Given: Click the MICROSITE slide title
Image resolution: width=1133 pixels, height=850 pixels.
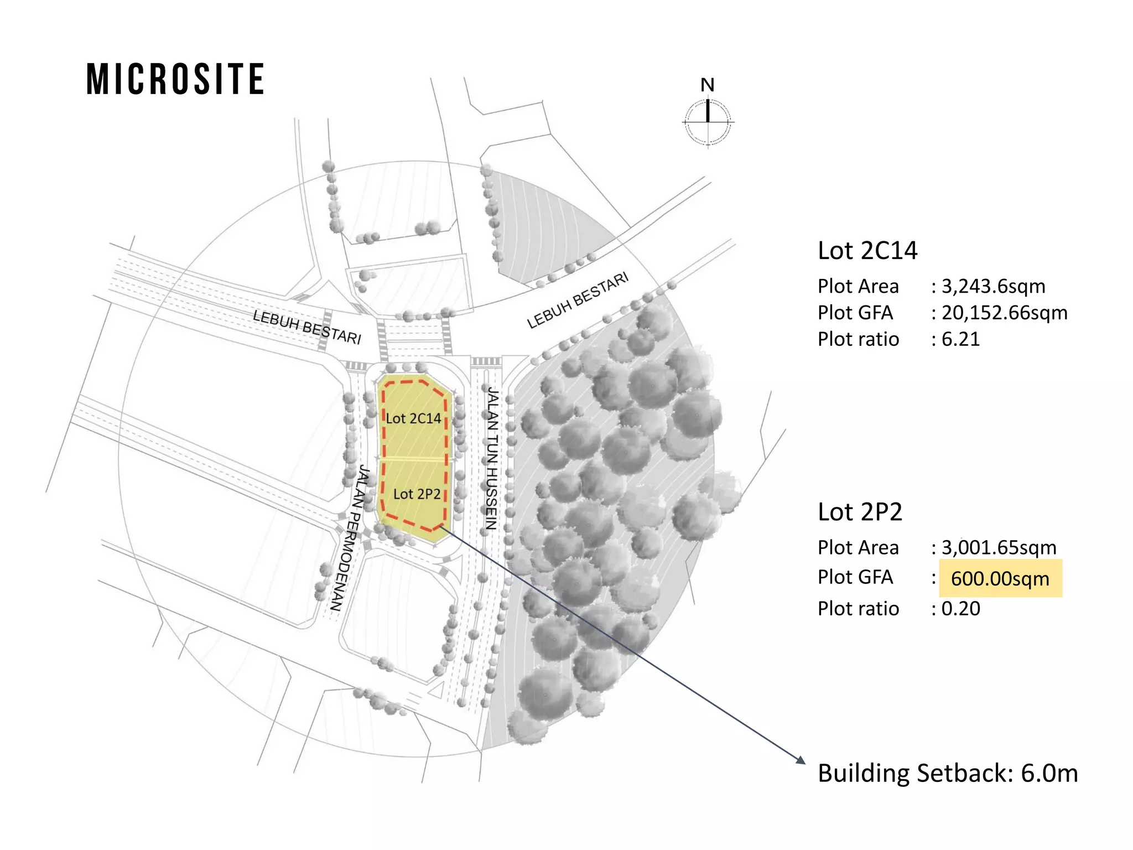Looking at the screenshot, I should (x=175, y=79).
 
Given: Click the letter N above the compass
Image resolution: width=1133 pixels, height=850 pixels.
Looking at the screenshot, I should (x=708, y=85).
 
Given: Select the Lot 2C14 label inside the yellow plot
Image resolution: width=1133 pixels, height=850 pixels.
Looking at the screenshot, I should (x=413, y=418).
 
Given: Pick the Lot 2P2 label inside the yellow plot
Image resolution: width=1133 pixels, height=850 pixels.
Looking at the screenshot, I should (x=417, y=494).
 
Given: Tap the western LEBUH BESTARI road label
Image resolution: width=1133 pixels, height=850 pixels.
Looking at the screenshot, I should (x=307, y=326).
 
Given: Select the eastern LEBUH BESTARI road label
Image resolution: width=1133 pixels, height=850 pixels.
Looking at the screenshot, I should (x=578, y=300).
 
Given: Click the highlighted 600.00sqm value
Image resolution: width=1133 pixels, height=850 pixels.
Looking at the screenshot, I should (x=1000, y=579).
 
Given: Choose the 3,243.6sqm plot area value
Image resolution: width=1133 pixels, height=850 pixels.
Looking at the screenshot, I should (x=993, y=286).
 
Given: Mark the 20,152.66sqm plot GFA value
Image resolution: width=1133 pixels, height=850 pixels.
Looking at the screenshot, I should (x=1004, y=313).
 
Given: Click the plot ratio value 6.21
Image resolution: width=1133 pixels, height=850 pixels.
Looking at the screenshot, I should (x=960, y=339).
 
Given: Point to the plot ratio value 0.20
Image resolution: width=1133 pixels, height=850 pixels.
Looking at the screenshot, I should (x=960, y=609).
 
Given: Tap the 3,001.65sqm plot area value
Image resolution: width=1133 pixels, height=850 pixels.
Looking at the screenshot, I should (x=999, y=547).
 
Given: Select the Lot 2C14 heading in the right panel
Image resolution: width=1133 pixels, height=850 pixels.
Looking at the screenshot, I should (x=867, y=251).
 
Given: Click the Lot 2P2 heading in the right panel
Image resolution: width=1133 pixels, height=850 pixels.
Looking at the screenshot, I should (x=860, y=512).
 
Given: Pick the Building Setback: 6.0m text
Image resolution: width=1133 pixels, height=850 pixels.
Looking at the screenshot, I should (x=948, y=773).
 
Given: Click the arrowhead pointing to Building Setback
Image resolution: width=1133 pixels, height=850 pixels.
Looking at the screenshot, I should (x=801, y=760).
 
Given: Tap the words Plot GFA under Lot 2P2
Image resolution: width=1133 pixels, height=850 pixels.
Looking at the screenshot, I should (x=855, y=577).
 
